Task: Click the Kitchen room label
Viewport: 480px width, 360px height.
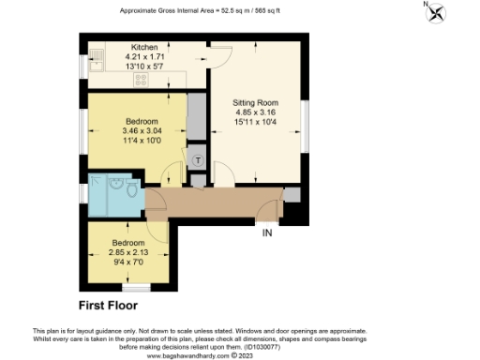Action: [143, 45]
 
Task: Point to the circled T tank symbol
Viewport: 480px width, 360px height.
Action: [198, 160]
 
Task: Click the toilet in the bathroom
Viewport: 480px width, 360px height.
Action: [132, 193]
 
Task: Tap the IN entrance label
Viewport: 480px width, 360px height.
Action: [267, 232]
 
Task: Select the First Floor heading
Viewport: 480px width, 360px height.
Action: [108, 306]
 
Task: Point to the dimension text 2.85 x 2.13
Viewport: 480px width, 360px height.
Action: [129, 253]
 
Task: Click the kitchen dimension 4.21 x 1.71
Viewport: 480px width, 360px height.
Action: [143, 55]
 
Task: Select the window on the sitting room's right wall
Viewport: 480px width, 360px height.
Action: [305, 122]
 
